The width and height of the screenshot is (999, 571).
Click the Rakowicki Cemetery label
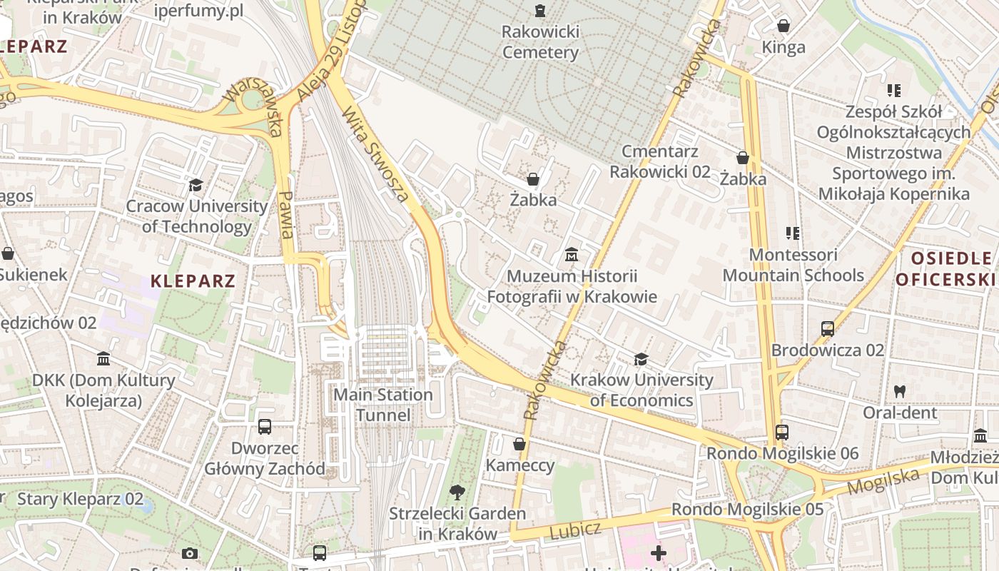point(540,42)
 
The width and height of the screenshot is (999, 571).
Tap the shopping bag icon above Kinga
point(784,26)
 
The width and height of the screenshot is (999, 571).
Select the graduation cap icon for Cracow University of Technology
point(196,186)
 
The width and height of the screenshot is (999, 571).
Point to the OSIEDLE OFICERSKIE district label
point(946,268)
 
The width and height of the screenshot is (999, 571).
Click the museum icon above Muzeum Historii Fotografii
point(571,255)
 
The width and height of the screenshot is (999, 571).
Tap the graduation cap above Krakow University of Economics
point(641,359)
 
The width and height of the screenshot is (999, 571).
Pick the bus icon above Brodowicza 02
point(827,329)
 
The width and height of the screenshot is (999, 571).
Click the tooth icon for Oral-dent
point(899,391)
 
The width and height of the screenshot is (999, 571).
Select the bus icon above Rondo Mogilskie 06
point(781,433)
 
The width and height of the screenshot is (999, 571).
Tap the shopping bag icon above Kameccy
point(519,445)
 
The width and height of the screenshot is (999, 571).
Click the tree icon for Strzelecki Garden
point(457,492)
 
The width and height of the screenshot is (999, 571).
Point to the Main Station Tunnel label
point(383,405)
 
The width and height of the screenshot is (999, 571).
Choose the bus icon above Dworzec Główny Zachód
point(264,427)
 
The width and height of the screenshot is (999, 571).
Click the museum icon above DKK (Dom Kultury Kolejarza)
point(103,358)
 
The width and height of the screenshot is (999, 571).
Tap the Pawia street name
point(287,215)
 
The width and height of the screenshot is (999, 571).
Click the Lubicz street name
point(574,530)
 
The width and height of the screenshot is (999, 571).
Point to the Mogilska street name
point(883,482)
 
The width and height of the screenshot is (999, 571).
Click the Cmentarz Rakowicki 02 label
point(659,161)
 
